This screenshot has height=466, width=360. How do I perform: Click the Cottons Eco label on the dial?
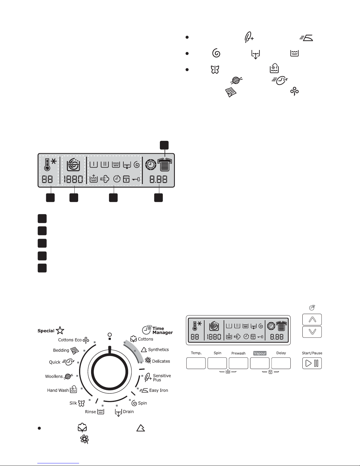[x=70, y=340]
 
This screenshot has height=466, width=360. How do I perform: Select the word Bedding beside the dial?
[x=61, y=350]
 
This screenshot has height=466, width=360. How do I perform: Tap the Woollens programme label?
[x=54, y=376]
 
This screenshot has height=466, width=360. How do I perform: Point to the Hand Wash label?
[x=58, y=390]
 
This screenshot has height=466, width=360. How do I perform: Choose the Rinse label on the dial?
[x=91, y=412]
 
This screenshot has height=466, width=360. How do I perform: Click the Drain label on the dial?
[x=128, y=412]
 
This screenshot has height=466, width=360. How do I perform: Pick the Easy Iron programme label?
[x=159, y=390]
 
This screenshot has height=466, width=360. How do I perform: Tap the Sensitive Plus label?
[x=162, y=378]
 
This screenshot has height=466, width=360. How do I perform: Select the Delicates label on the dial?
[x=161, y=361]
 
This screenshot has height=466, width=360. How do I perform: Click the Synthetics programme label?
[x=158, y=350]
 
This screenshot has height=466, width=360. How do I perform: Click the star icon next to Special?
[x=60, y=330]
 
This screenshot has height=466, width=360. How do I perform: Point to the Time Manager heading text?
[x=163, y=330]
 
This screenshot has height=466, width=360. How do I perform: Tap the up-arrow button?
[x=312, y=320]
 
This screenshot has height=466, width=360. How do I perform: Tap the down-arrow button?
[x=312, y=332]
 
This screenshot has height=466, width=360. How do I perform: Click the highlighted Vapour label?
[x=260, y=353]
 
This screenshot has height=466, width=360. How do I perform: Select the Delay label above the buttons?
[x=281, y=353]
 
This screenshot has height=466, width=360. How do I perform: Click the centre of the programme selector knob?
[x=110, y=372]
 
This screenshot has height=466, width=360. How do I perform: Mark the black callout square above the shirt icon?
[x=164, y=145]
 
